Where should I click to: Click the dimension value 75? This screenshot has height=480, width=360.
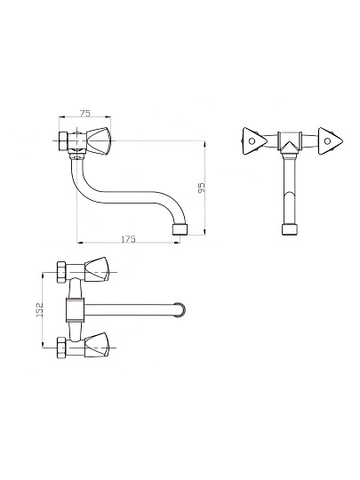click(x=85, y=113)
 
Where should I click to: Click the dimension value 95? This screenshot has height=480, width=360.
click(x=202, y=188)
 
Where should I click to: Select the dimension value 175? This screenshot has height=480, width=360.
click(x=128, y=239)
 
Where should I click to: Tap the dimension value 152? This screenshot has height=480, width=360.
click(x=40, y=309)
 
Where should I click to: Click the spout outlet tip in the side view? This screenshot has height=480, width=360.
click(x=180, y=229)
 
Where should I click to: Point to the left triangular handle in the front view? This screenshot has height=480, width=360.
click(x=254, y=141)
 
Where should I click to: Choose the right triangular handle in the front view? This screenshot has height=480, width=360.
click(x=330, y=141)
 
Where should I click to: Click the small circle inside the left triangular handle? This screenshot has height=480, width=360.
click(x=252, y=141)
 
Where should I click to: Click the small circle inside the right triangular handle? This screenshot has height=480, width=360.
click(x=327, y=141)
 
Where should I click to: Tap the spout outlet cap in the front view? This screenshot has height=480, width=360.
click(x=290, y=229)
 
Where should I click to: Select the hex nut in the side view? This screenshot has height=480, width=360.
click(x=63, y=141)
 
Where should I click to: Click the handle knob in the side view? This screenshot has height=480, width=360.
click(x=98, y=141)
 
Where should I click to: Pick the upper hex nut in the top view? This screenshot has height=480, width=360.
click(x=61, y=272)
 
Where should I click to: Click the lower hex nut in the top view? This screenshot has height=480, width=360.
click(x=61, y=348)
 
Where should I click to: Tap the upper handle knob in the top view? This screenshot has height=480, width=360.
click(x=96, y=269)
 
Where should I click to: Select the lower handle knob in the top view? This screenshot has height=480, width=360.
click(x=96, y=345)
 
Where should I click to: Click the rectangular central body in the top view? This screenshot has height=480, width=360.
click(x=75, y=309)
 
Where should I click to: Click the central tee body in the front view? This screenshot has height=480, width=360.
click(x=290, y=141)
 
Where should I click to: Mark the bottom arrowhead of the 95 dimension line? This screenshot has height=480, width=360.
click(x=204, y=232)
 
